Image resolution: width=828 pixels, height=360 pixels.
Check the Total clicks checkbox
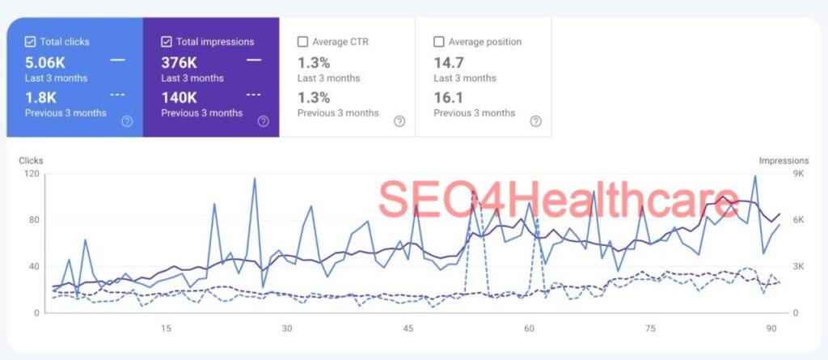pyautogui.click(x=30, y=41)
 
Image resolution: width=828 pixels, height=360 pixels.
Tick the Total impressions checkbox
pyautogui.click(x=166, y=41)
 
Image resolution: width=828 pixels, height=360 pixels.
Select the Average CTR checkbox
pyautogui.click(x=302, y=41)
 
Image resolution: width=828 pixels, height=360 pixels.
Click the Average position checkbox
pyautogui.click(x=438, y=41)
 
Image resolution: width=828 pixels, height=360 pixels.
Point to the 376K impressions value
pyautogui.click(x=180, y=62)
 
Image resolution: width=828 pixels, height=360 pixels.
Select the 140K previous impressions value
pyautogui.click(x=179, y=97)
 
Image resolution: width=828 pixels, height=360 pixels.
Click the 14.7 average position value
pyautogui.click(x=448, y=62)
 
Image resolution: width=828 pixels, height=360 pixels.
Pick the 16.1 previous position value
pyautogui.click(x=448, y=97)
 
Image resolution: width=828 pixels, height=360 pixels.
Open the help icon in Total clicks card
pyautogui.click(x=127, y=121)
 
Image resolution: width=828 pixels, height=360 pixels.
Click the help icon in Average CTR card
pyautogui.click(x=399, y=121)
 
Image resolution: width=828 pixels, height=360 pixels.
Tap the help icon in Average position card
pyautogui.click(x=535, y=121)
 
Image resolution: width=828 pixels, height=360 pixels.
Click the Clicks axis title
pyautogui.click(x=31, y=160)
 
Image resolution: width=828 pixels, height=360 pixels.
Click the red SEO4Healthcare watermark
pyautogui.click(x=553, y=198)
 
